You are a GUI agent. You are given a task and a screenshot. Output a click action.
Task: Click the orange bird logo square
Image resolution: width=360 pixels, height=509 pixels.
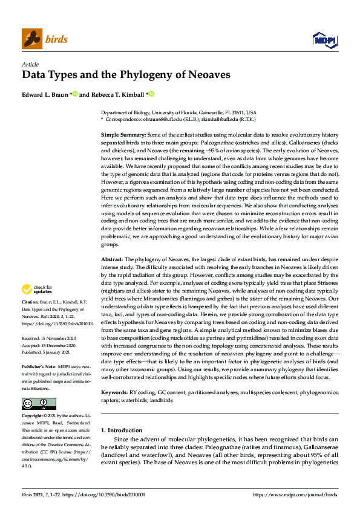coord(32,39)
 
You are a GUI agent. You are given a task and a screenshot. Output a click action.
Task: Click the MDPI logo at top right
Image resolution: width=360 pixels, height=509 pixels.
coord(324,40)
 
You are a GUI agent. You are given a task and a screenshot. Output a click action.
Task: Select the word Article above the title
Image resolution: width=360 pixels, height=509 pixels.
coord(30,65)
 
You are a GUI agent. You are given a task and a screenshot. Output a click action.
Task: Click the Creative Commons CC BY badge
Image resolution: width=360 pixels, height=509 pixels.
coord(39,386)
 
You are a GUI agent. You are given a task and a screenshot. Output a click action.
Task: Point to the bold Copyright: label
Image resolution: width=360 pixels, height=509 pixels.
coord(33,400)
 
